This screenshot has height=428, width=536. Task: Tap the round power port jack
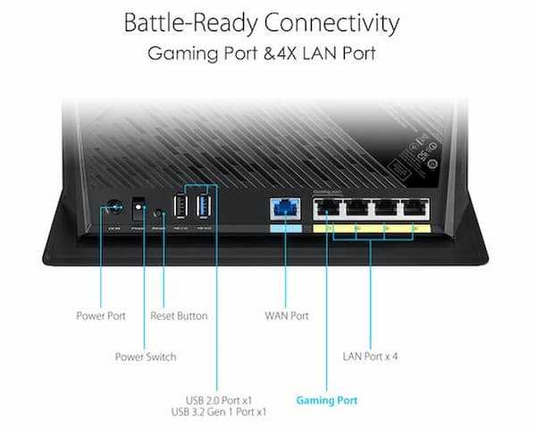(113, 211)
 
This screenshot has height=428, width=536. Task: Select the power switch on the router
(138, 211)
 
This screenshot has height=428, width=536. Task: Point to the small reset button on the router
(160, 214)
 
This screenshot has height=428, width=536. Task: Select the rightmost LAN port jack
(413, 210)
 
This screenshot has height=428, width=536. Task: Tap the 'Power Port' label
(101, 315)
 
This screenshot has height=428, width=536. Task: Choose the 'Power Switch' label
(146, 357)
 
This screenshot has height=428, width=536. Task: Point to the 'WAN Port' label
(287, 315)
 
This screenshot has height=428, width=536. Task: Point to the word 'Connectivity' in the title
(336, 21)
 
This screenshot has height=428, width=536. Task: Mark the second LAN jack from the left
(356, 210)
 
